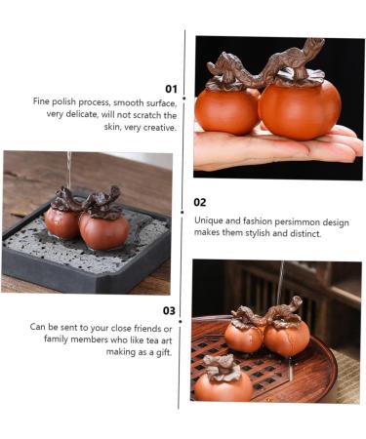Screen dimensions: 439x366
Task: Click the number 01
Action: pos(170,88)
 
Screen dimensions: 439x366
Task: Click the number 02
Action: pos(200,202)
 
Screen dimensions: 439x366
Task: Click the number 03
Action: pos(170,311)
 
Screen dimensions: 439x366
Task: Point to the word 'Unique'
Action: pos(210,220)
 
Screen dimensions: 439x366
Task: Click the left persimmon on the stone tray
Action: pos(62,221)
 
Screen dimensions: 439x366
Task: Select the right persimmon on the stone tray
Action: pos(103,229)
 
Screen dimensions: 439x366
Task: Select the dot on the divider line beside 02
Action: pos(183,210)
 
